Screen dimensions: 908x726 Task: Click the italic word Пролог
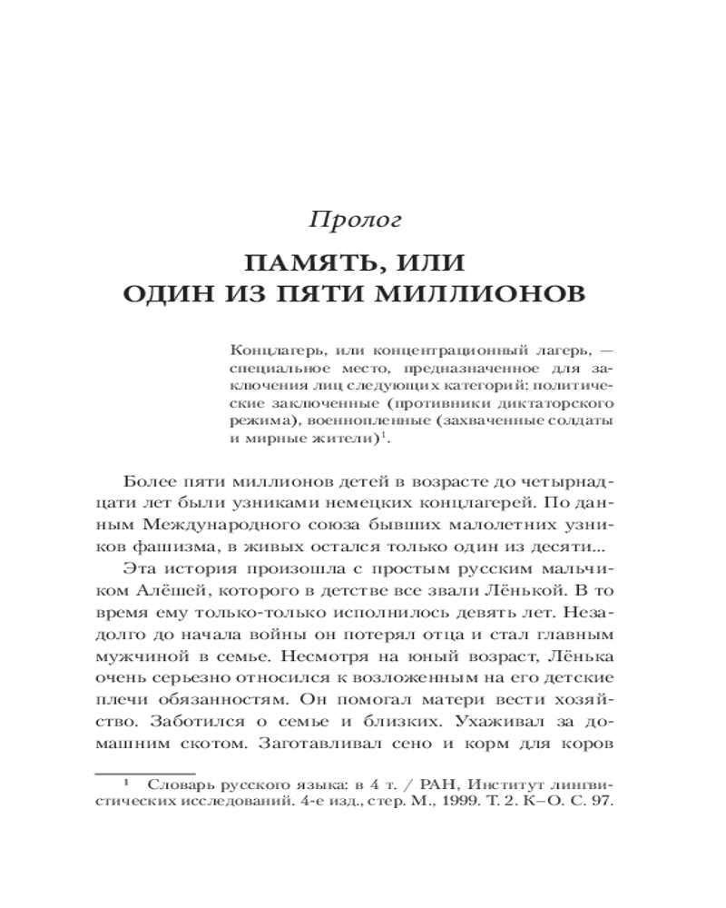[356, 220]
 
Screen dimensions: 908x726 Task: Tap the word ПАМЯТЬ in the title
[301, 264]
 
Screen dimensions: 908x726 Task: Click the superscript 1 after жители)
[384, 436]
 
